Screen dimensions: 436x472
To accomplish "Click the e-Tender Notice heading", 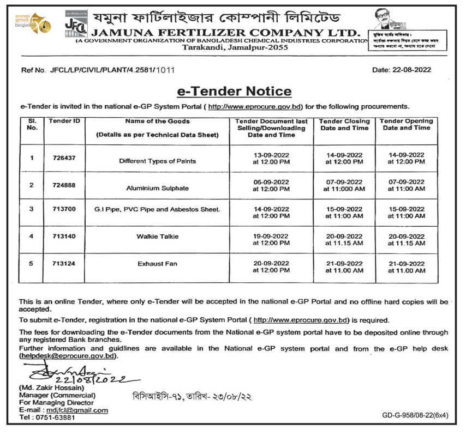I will [x=234, y=91].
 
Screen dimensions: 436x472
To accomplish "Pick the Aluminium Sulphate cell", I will [x=158, y=188].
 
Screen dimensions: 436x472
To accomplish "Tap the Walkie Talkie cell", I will [x=158, y=237].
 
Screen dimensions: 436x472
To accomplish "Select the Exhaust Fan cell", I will [x=158, y=264].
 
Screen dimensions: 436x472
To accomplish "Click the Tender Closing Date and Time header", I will [x=344, y=125].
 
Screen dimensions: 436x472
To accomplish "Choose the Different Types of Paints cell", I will [x=158, y=161].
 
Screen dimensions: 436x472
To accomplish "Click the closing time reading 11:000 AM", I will [x=344, y=189].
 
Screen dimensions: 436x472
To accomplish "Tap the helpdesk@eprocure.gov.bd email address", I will [x=68, y=356].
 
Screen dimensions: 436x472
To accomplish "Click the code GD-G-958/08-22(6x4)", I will [x=415, y=416].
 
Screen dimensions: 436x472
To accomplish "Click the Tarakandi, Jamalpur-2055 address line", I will [x=227, y=47].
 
